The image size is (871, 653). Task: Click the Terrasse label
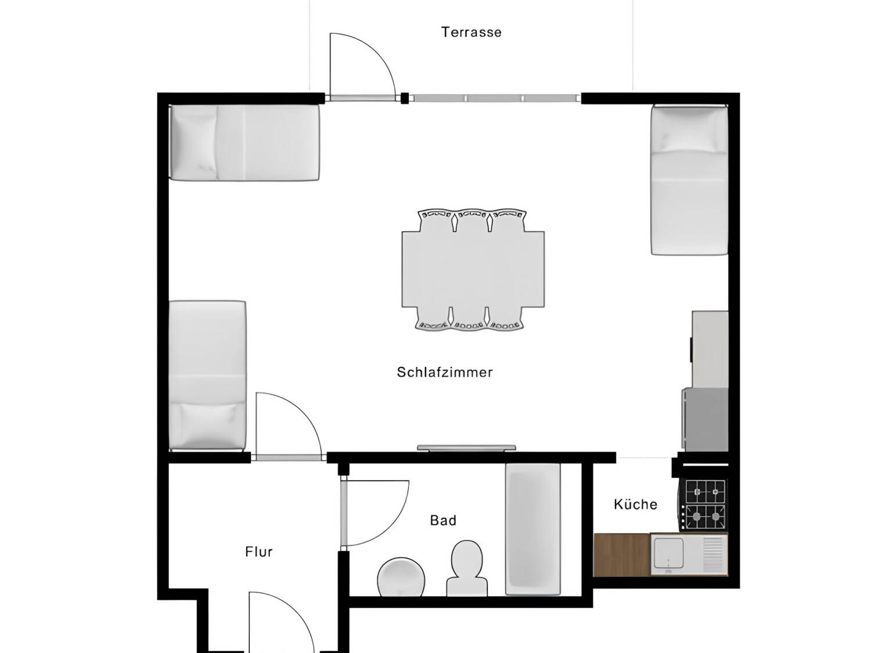coord(471,33)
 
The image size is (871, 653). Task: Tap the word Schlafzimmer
coord(445,372)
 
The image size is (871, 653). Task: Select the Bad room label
coord(443,521)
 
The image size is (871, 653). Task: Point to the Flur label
coord(259,552)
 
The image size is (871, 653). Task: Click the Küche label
coord(635,504)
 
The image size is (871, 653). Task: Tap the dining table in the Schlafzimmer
coord(473,269)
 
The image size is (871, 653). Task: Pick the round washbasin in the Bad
coord(401,577)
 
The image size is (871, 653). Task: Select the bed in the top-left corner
coord(244,143)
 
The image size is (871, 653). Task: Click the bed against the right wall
coord(689,181)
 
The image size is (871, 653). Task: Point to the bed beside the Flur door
coord(207,375)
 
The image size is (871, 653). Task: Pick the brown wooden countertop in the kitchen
coord(621,555)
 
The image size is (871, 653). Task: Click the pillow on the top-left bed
coord(194,142)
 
